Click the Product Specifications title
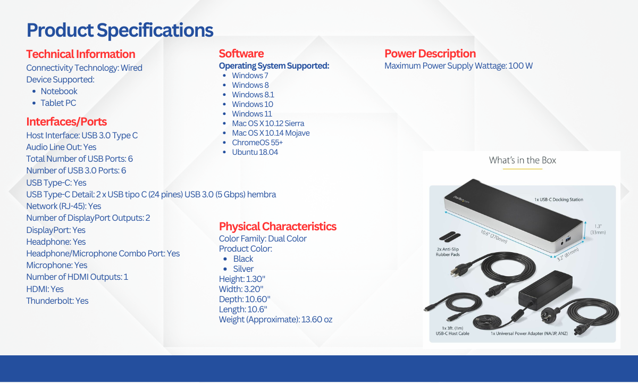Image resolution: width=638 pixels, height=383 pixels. tap(120, 30)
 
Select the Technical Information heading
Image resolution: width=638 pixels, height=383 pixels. tap(81, 54)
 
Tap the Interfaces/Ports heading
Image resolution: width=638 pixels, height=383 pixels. tap(66, 122)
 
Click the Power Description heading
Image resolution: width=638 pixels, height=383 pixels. tap(430, 54)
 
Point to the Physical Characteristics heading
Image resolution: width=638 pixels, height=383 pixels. tap(278, 227)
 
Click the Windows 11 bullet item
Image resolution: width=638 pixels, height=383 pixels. tap(252, 114)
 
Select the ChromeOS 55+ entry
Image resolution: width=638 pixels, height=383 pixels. tap(257, 143)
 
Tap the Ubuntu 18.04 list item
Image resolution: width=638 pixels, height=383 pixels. tap(255, 152)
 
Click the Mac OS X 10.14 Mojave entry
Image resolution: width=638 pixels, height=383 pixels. tap(271, 133)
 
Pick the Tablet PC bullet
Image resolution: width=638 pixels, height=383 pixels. tap(58, 103)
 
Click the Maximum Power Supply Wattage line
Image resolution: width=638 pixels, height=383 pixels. tap(458, 66)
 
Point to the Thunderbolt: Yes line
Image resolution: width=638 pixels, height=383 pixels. tap(57, 301)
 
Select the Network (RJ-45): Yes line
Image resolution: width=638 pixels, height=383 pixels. tap(63, 206)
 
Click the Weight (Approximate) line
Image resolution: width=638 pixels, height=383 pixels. tap(275, 320)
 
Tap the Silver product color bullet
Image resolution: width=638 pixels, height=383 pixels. tap(244, 269)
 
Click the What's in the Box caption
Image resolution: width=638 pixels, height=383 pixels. tap(522, 160)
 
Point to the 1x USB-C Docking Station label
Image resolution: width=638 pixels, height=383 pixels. tap(559, 199)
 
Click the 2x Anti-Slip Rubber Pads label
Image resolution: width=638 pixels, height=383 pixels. tap(448, 252)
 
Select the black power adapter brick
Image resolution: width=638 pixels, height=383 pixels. tap(545, 290)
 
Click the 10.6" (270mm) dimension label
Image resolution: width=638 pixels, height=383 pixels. tap(493, 237)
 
